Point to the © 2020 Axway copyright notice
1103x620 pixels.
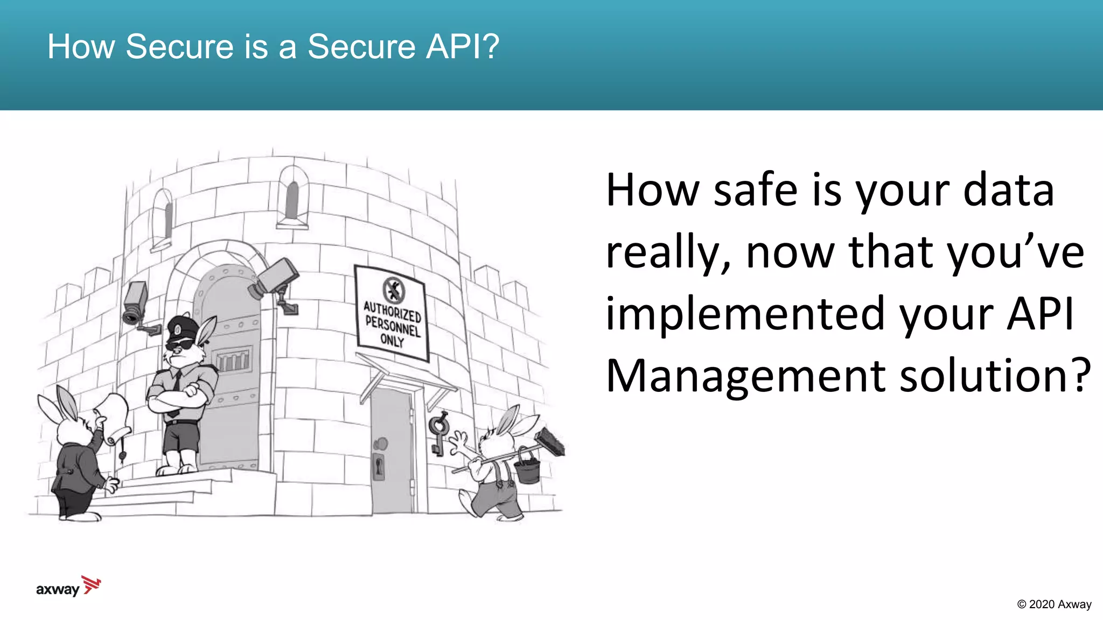pos(1054,604)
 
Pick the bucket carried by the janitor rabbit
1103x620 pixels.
pos(527,467)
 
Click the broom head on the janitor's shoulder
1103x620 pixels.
pos(549,441)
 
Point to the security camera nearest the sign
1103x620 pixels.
pos(275,279)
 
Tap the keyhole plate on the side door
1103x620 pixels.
pos(379,466)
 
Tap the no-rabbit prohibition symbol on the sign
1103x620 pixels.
pos(394,290)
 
